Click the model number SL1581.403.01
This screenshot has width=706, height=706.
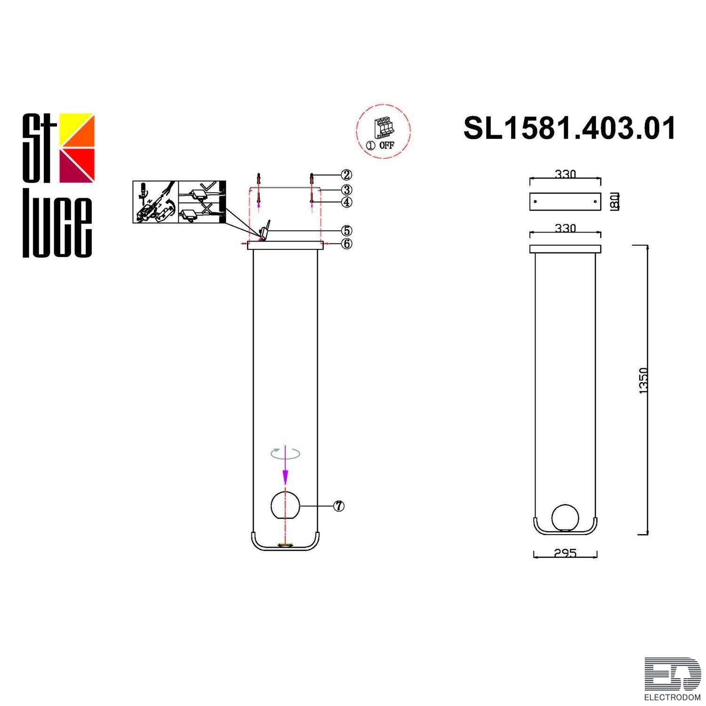[570, 128]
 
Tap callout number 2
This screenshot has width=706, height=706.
[346, 175]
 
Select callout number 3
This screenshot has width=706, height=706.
[346, 190]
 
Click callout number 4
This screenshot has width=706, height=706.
[346, 202]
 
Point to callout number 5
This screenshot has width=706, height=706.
[346, 231]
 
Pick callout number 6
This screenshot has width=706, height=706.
[346, 243]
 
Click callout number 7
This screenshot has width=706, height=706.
[338, 506]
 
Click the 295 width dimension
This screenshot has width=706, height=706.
[565, 554]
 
